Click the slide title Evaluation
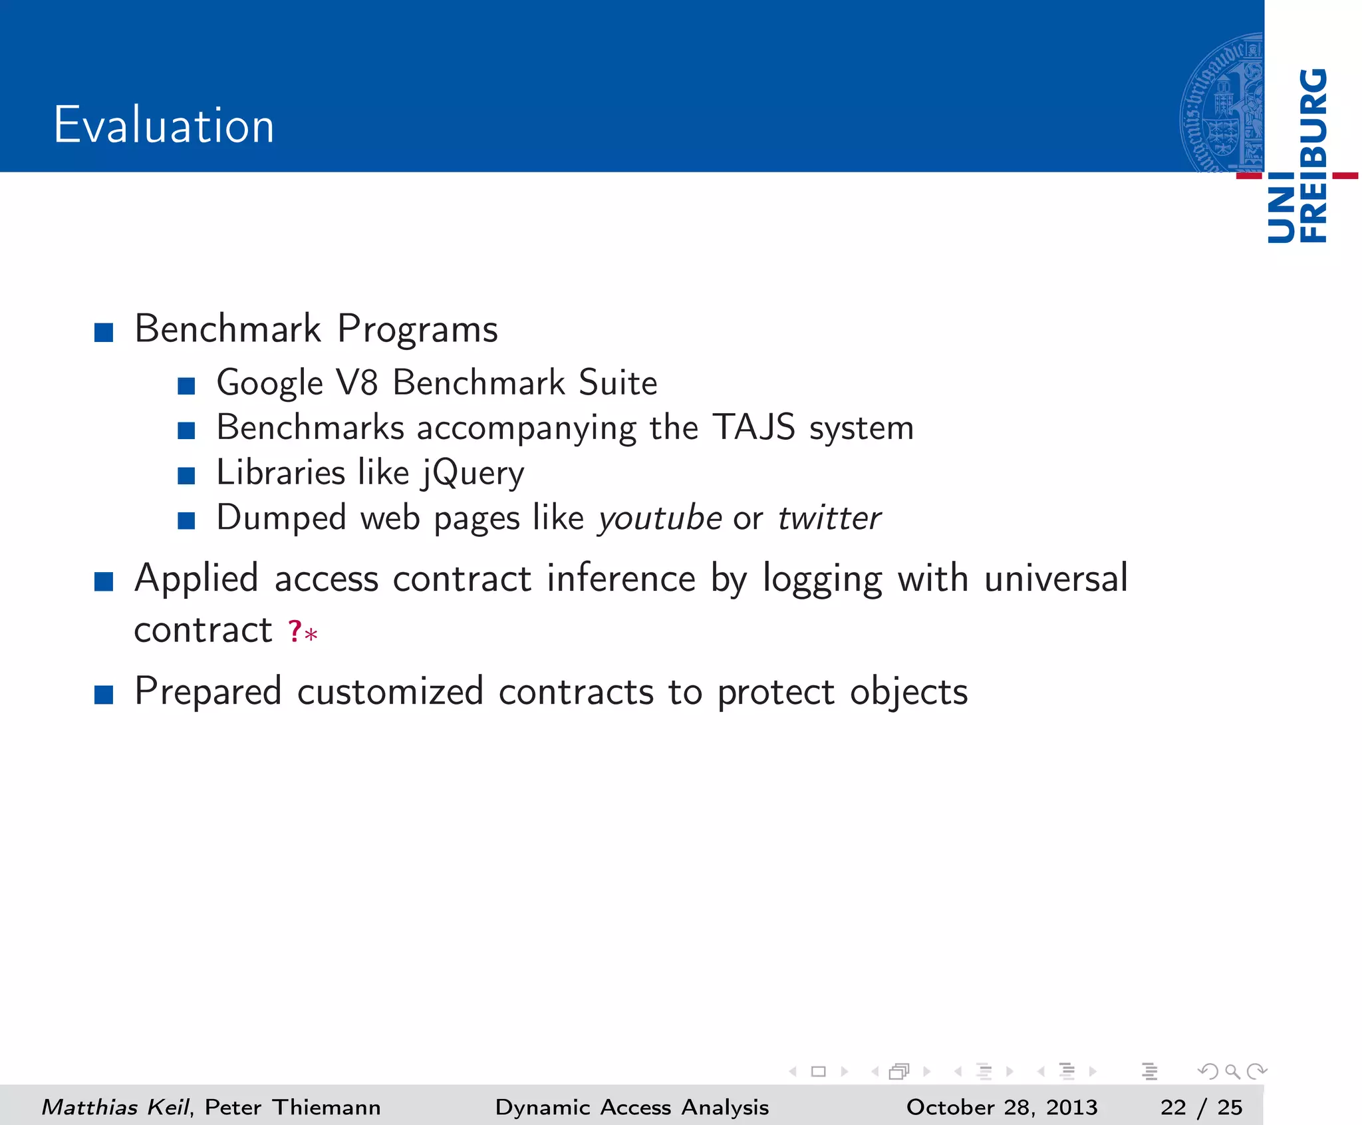coord(164,125)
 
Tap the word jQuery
coord(473,474)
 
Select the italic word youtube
coord(660,518)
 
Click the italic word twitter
coord(829,518)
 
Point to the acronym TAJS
coord(753,427)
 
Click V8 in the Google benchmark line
coord(358,383)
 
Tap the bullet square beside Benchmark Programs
coord(104,332)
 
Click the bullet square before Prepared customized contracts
coord(104,695)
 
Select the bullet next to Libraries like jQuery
coord(186,476)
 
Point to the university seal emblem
coord(1222,103)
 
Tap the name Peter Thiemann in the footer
coord(293,1107)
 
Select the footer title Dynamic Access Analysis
coord(632,1107)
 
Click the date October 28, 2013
coord(1002,1107)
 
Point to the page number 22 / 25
coord(1201,1107)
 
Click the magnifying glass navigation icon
coord(1232,1071)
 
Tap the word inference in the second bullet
coord(621,579)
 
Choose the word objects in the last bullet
coord(908,693)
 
